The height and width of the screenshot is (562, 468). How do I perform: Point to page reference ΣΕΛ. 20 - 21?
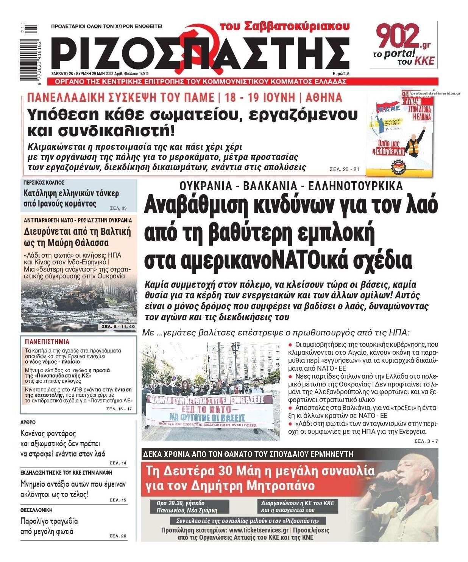344,169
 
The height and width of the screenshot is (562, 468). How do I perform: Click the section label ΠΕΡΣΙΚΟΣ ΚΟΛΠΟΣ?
44,183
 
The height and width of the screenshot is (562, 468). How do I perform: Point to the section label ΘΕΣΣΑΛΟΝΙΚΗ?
36,510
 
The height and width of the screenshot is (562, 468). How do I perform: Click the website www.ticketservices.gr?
258,530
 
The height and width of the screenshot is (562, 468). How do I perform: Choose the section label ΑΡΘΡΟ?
28,422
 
